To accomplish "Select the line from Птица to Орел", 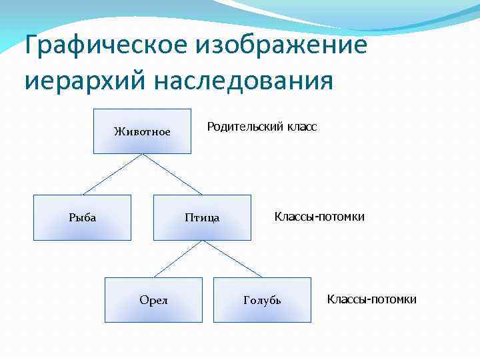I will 177,259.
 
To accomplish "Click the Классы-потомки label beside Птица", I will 319,217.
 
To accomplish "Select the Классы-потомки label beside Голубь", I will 371,299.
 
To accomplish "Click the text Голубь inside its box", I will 262,301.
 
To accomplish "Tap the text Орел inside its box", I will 153,300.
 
